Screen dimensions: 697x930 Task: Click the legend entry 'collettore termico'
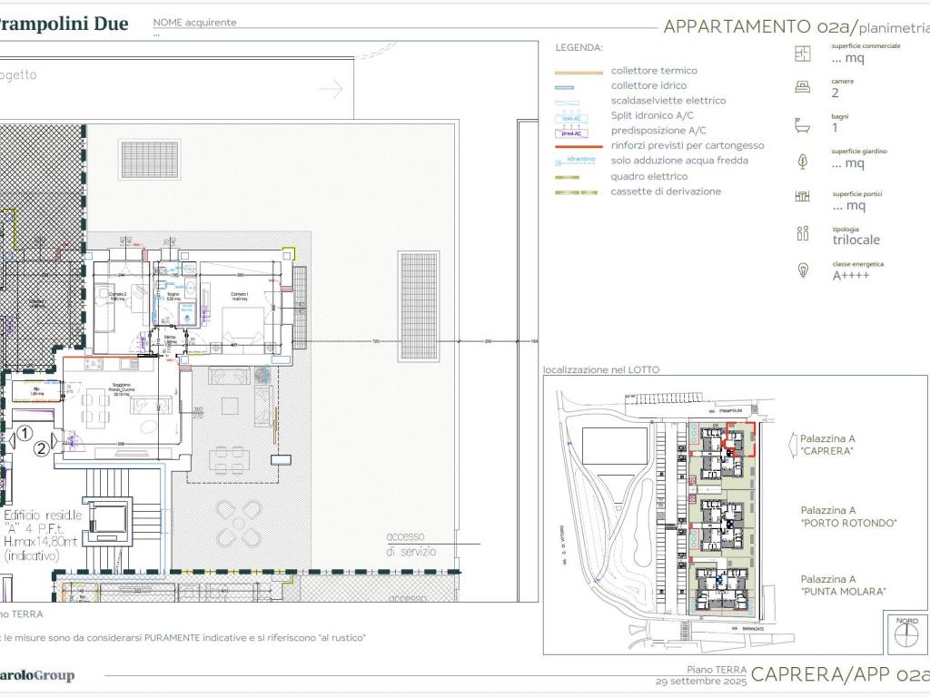click(x=654, y=70)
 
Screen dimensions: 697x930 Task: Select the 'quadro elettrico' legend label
click(x=648, y=176)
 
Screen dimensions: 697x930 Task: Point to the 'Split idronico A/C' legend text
click(x=652, y=115)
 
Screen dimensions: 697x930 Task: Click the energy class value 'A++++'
click(x=851, y=275)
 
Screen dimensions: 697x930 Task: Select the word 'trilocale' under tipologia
click(x=856, y=241)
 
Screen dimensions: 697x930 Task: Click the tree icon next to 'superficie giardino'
click(x=802, y=161)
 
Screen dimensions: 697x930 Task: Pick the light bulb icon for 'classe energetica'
click(x=802, y=270)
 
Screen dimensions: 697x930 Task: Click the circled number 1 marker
click(x=26, y=433)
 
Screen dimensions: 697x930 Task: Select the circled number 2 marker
click(x=41, y=447)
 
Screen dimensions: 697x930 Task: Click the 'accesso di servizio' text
click(x=411, y=544)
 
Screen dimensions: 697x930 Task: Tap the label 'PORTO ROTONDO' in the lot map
click(x=848, y=523)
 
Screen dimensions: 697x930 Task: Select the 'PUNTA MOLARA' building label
click(x=844, y=592)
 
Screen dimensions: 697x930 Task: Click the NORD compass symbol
click(x=905, y=632)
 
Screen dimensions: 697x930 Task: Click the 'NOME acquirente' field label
click(x=194, y=22)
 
